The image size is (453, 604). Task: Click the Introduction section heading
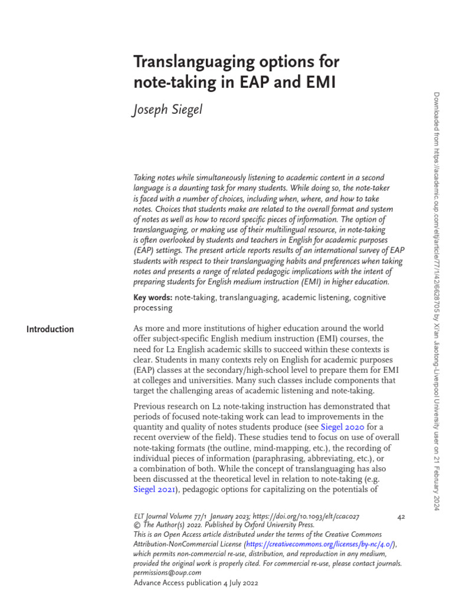click(50, 329)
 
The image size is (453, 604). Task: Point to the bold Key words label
click(153, 298)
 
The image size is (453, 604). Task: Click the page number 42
click(401, 517)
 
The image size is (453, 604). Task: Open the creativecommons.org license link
click(320, 544)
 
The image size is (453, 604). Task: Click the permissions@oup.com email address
click(168, 573)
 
